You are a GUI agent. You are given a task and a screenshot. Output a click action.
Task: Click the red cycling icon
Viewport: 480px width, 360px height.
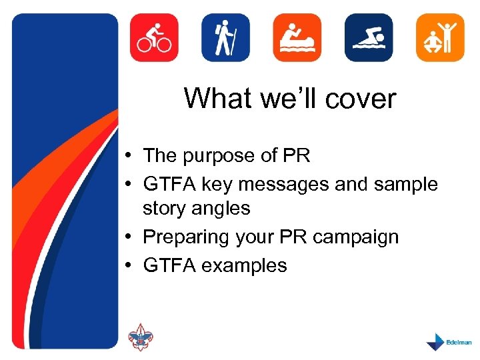pos(154,37)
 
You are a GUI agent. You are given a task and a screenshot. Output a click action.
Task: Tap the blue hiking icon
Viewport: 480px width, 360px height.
pos(225,37)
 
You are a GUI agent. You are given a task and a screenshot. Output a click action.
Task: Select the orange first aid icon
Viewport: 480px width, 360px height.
pos(297,37)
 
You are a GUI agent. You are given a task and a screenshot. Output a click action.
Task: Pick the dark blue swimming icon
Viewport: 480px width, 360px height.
pos(369,37)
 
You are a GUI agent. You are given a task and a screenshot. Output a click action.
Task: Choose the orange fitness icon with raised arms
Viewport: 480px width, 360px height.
pos(439,37)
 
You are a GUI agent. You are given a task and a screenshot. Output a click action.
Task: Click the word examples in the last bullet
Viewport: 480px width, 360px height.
pos(244,265)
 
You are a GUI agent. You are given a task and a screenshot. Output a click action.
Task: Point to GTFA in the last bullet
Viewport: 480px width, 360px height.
pos(169,265)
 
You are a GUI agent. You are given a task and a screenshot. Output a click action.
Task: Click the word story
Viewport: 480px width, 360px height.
pos(163,209)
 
